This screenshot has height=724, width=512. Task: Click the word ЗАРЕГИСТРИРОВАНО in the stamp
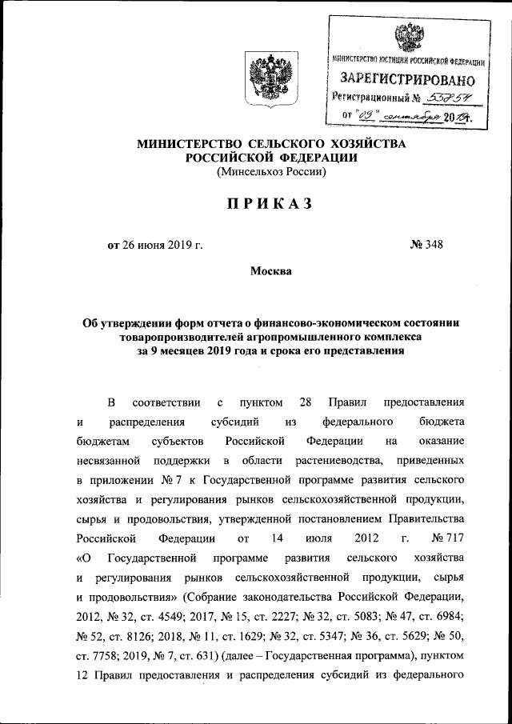click(408, 81)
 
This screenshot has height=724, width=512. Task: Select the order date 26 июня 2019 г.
click(155, 245)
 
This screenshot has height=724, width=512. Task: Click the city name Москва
click(271, 271)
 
